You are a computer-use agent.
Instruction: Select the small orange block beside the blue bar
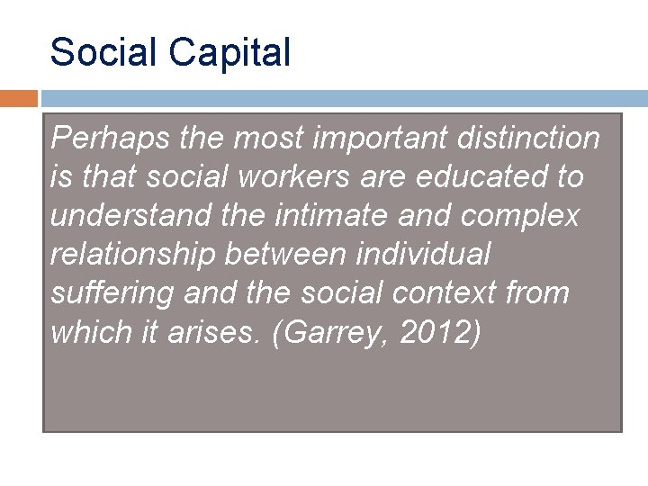click(18, 98)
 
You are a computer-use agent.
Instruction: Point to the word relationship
click(132, 255)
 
